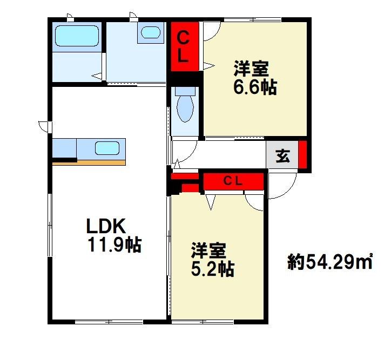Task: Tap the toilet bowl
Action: (x=185, y=108)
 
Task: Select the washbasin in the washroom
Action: (x=150, y=32)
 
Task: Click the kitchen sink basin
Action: (x=107, y=148)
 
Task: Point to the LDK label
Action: (x=105, y=226)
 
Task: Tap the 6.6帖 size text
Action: (x=255, y=87)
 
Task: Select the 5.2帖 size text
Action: (x=212, y=269)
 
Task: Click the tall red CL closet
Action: (x=185, y=46)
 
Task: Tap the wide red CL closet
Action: (x=233, y=181)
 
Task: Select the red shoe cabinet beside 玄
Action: (x=302, y=154)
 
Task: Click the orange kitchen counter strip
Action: (x=89, y=162)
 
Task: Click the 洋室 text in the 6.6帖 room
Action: (x=251, y=69)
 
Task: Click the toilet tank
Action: (x=185, y=91)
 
